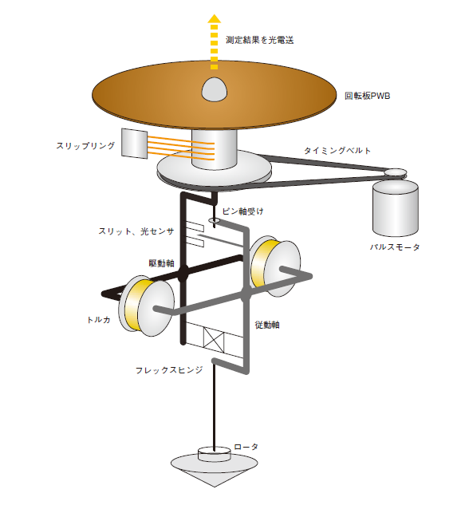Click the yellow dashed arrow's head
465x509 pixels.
(x=215, y=18)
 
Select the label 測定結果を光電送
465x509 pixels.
(x=259, y=40)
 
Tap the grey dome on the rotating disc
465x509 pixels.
(x=215, y=89)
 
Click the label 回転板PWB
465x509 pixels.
(x=367, y=96)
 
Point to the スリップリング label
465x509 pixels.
(x=85, y=146)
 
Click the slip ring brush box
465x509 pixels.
(x=134, y=144)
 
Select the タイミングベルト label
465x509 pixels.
(x=337, y=151)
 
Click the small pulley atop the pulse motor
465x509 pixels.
(x=396, y=172)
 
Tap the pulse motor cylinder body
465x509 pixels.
(x=396, y=208)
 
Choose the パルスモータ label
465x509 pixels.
(x=395, y=247)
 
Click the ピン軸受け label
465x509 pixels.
(x=242, y=211)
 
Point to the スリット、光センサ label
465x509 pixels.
(x=136, y=231)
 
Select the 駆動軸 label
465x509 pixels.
(x=162, y=263)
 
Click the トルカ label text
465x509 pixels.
(x=99, y=320)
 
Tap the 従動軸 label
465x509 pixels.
(x=267, y=325)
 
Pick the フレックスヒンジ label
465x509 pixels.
(x=169, y=370)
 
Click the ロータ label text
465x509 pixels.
(x=246, y=447)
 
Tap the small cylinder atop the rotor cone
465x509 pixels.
(x=215, y=453)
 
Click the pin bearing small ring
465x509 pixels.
(x=215, y=220)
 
